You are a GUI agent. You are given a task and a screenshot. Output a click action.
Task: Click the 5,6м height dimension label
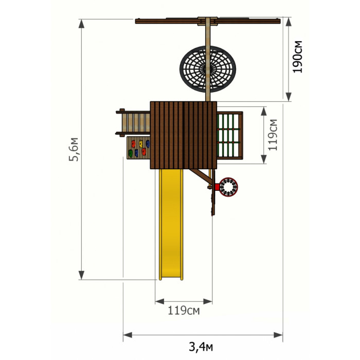click(74, 150)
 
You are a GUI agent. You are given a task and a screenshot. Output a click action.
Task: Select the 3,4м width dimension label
click(201, 347)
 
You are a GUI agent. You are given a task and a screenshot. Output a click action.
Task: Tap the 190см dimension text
click(297, 57)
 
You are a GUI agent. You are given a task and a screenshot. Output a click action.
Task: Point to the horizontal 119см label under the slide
click(184, 311)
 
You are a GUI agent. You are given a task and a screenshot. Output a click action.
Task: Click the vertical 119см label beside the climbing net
click(273, 135)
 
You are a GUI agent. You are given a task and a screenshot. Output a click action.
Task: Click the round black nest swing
click(208, 69)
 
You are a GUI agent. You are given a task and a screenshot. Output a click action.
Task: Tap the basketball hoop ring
click(228, 187)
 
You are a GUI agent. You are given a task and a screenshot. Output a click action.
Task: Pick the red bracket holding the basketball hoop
click(217, 187)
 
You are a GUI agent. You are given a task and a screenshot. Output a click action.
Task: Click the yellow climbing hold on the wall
click(141, 143)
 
